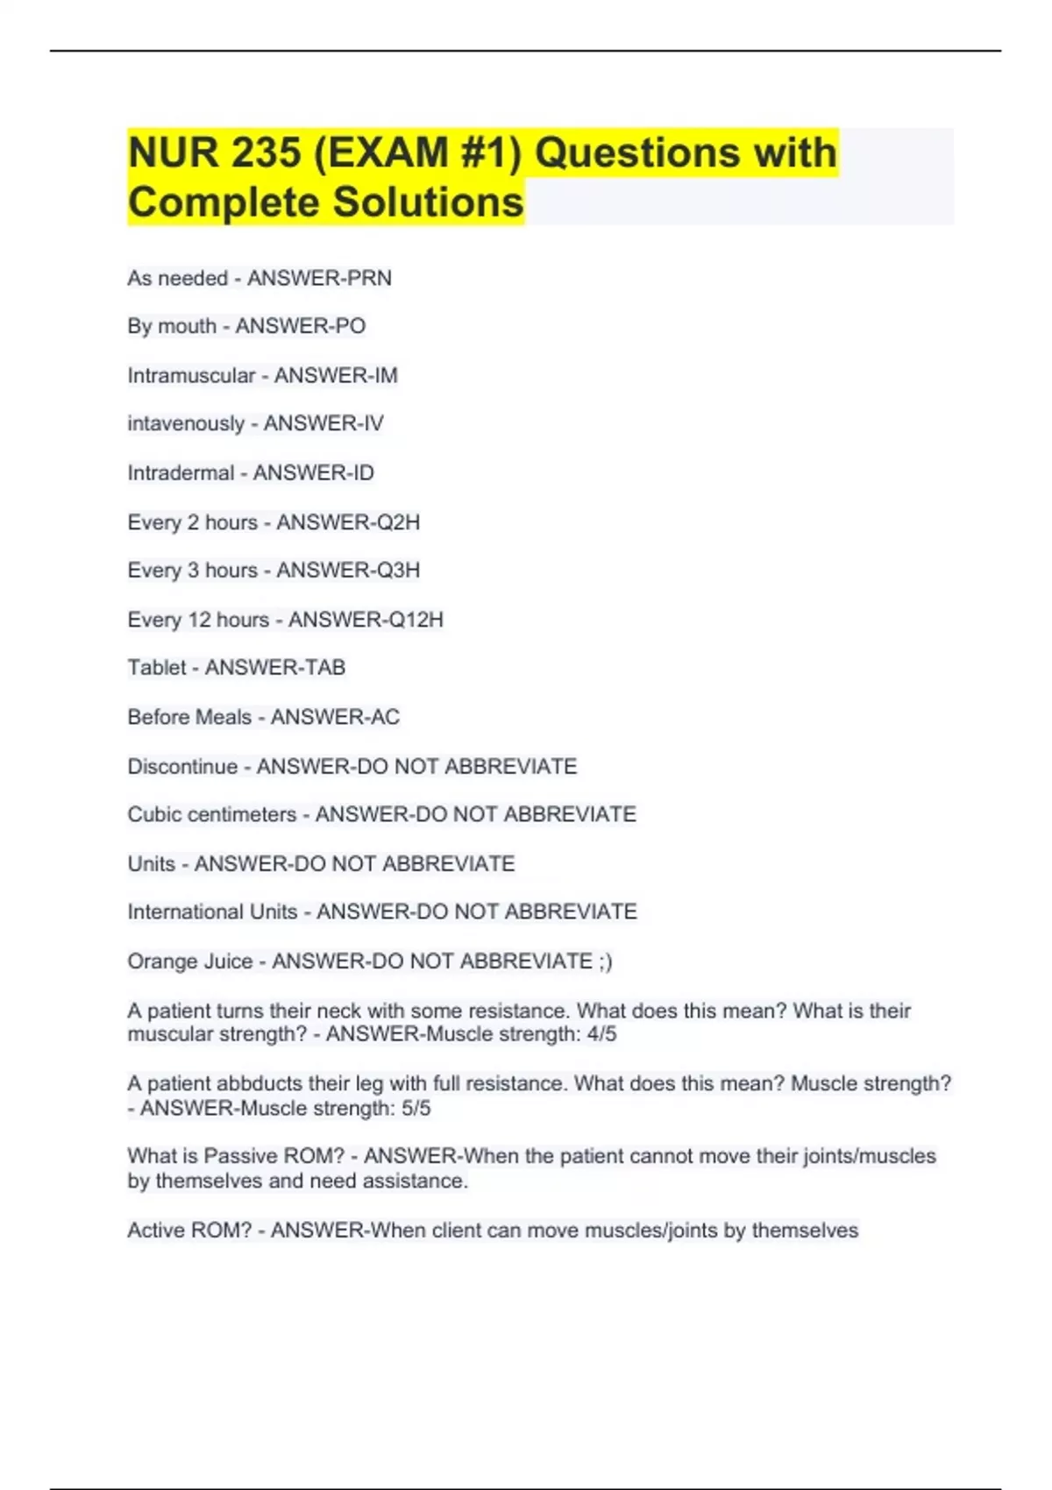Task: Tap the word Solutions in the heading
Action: [x=428, y=202]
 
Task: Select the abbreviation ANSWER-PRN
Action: [x=319, y=278]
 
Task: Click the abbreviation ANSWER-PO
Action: [x=300, y=326]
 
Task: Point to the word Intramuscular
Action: [x=191, y=375]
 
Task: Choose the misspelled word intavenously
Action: [x=186, y=423]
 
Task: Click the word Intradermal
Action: [x=181, y=473]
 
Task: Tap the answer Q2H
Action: [x=398, y=522]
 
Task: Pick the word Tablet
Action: [x=157, y=668]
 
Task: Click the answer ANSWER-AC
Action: [x=335, y=717]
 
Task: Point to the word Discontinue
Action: [x=182, y=767]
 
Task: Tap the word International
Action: [x=186, y=912]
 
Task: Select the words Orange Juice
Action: [x=189, y=961]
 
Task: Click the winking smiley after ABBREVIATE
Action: [x=606, y=961]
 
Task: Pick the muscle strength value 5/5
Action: [x=416, y=1109]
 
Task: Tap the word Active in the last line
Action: [x=156, y=1231]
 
